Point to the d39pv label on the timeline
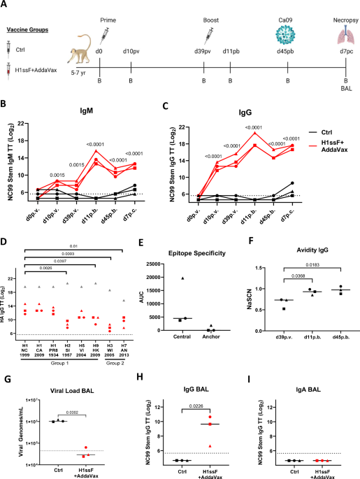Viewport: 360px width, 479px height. [203, 54]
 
